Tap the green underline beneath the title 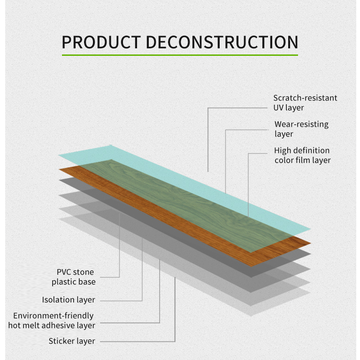tap(180, 55)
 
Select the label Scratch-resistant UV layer tap(305, 103)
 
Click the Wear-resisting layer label tap(301, 129)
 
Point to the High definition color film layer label tap(302, 155)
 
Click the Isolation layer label tap(69, 300)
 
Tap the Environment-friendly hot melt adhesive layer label tap(52, 321)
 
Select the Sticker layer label tap(72, 341)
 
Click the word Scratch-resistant tap(305, 98)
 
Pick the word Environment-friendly tap(53, 316)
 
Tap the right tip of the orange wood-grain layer tap(310, 242)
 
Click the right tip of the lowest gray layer tap(310, 291)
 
